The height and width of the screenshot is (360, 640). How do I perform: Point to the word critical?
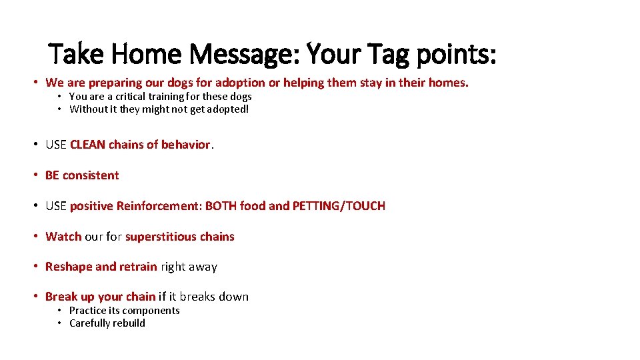pyautogui.click(x=133, y=97)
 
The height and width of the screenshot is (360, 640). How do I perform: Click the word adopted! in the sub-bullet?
pyautogui.click(x=226, y=109)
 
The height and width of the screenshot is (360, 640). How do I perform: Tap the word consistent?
pyautogui.click(x=91, y=175)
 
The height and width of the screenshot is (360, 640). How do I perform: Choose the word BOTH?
pyautogui.click(x=221, y=206)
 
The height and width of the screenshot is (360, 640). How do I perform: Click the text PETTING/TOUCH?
pyautogui.click(x=339, y=206)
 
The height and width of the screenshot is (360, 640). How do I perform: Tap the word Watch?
pyautogui.click(x=63, y=237)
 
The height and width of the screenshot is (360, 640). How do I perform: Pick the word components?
pyautogui.click(x=150, y=311)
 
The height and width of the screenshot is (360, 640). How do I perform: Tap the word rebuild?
pyautogui.click(x=129, y=323)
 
